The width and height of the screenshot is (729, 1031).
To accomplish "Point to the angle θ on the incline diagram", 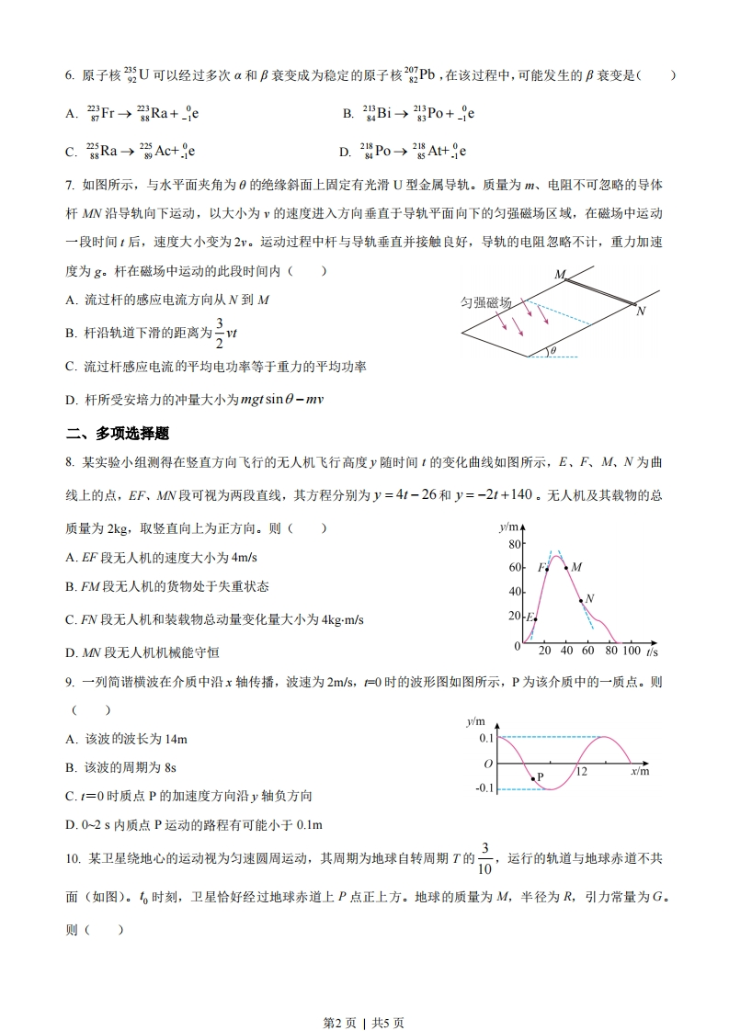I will [x=553, y=350].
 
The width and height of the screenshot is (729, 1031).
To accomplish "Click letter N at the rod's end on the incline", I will [x=641, y=312].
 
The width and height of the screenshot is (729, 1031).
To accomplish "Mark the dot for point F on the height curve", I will [x=548, y=569].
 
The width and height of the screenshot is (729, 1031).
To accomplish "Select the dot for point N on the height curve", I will [x=581, y=602].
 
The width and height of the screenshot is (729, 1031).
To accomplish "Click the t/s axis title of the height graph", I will [x=652, y=651].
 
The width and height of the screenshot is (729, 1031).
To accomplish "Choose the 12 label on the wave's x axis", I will [x=581, y=772].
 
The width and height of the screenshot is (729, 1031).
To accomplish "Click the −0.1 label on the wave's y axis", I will [x=485, y=788].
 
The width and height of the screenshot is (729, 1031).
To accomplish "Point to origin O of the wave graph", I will [x=488, y=764].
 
